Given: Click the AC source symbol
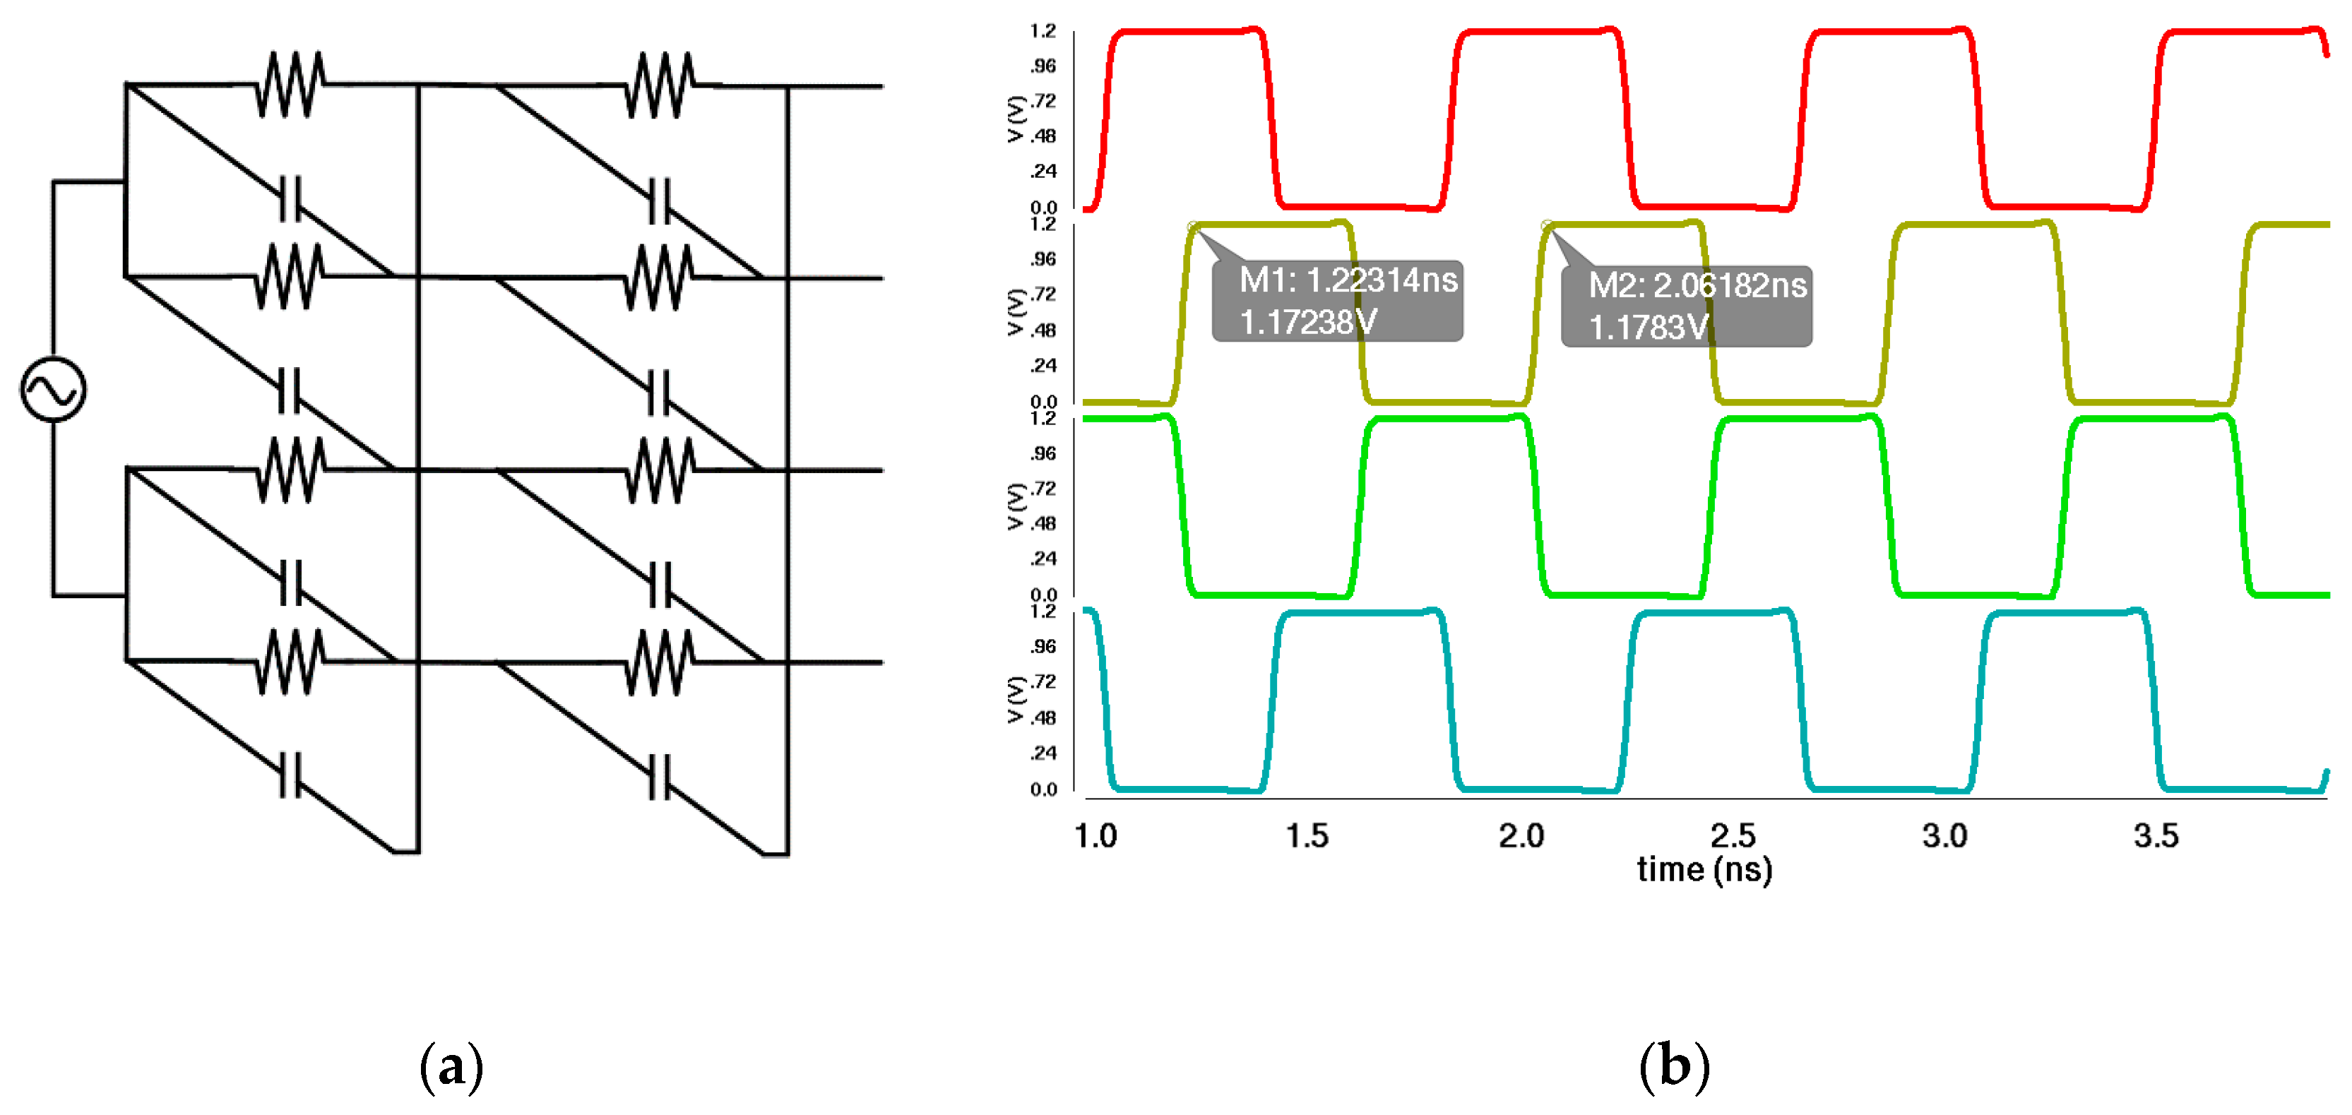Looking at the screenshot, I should click(53, 390).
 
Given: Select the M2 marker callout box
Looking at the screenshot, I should click(1687, 306).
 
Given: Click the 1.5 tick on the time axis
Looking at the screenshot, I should click(1307, 835).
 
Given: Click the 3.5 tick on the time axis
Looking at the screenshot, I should click(2156, 835).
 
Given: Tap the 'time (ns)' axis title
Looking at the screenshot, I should click(1704, 869).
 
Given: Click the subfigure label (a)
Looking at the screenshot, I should click(451, 1066).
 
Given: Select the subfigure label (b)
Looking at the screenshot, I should click(1674, 1066).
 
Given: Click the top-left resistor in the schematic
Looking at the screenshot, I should click(290, 85).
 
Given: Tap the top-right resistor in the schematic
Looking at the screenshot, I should click(659, 85).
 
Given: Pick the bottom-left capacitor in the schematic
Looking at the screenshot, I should click(290, 775).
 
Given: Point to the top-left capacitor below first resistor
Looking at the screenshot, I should click(290, 200).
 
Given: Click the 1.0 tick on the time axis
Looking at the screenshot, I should click(1095, 835).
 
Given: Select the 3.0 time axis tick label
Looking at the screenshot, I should click(1944, 835).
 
